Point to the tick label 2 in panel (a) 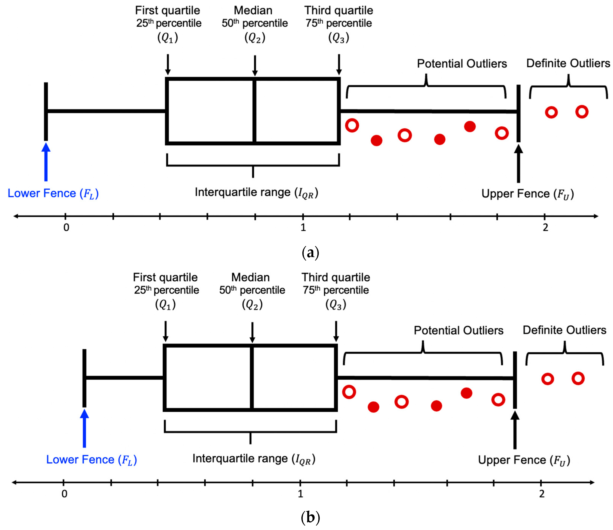[545, 228]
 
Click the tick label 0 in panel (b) [64, 494]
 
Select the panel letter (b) [310, 518]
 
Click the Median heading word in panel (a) [253, 10]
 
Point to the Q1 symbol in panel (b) [165, 304]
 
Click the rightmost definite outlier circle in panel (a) [582, 112]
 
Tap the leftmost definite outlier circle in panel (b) [548, 379]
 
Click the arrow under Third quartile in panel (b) [336, 331]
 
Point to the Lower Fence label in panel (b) [91, 460]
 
